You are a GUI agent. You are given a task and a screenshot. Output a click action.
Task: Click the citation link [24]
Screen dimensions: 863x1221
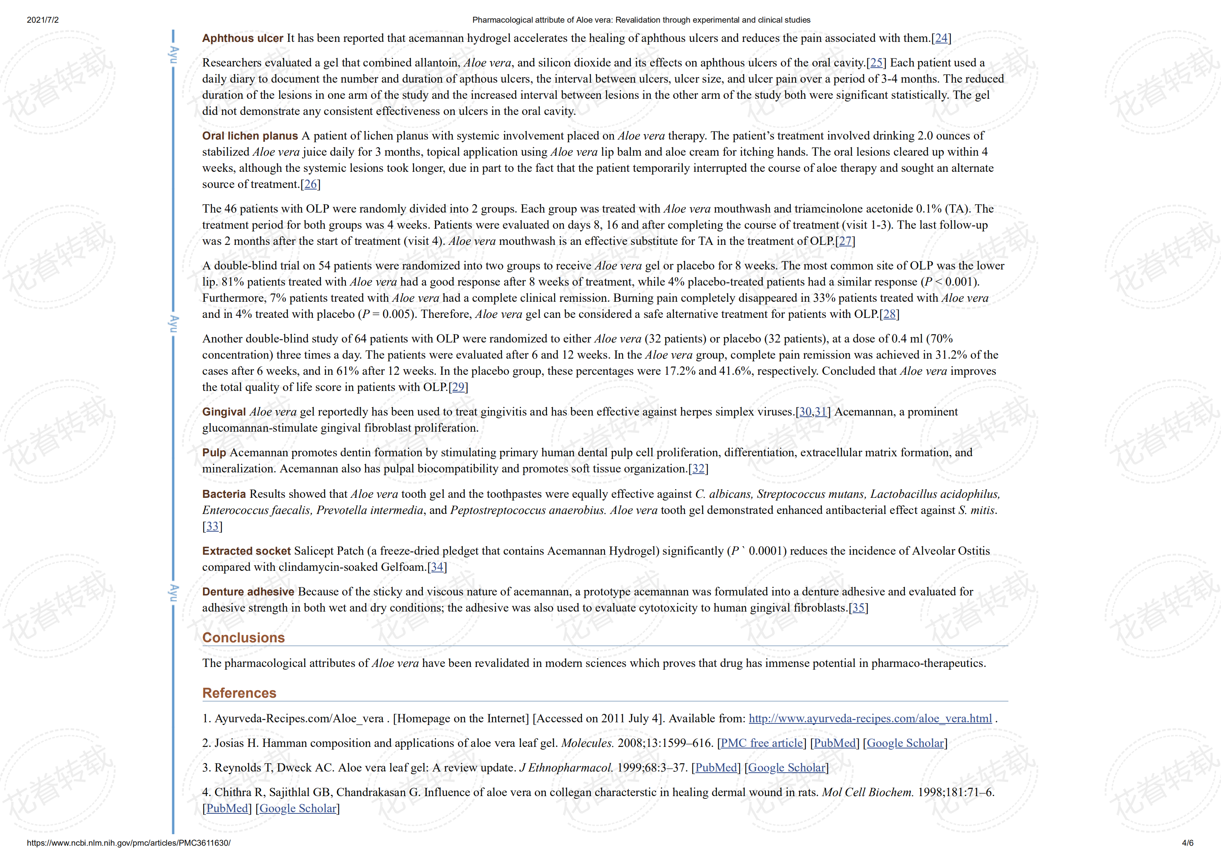941,38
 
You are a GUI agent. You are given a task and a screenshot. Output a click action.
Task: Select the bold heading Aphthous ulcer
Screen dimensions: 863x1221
243,38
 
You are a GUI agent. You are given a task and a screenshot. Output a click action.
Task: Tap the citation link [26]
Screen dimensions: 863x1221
311,185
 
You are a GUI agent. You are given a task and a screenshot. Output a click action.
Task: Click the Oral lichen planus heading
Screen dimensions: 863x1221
250,136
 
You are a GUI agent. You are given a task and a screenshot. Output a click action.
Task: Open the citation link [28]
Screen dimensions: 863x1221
889,314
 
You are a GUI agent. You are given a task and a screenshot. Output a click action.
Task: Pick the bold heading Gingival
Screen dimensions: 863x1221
224,412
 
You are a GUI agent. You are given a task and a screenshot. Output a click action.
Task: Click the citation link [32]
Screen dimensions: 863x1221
698,469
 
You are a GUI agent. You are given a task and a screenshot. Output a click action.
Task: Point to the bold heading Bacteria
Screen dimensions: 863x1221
224,494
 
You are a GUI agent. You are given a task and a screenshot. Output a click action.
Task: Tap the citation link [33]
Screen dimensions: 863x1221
213,526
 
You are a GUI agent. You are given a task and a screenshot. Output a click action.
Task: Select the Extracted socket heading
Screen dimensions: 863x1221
246,551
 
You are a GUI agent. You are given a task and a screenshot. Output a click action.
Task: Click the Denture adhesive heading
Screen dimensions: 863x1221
248,592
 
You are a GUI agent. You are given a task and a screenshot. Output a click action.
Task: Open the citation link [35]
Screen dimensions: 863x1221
858,608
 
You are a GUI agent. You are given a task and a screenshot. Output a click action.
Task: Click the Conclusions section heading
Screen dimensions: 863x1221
244,638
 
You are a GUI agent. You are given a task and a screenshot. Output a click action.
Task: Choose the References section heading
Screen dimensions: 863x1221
239,693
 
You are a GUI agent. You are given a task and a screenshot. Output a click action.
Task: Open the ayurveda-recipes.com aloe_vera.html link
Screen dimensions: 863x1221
870,719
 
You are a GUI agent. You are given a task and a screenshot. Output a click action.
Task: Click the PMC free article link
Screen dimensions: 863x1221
762,743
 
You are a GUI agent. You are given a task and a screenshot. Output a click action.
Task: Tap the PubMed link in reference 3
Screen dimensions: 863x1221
716,768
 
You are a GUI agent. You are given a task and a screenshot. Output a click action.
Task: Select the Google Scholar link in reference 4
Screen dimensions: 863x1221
298,809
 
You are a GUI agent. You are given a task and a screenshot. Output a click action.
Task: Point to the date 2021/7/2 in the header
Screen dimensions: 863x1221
43,20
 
